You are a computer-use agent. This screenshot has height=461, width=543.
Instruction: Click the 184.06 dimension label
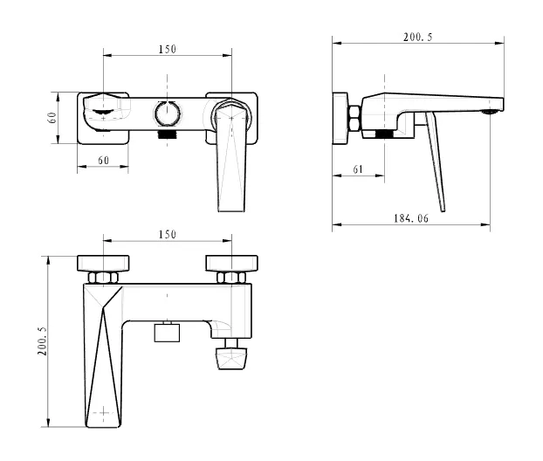pos(410,218)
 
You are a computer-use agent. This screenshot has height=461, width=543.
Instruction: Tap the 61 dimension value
pos(358,169)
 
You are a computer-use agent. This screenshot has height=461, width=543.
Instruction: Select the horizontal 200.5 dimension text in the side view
pos(417,37)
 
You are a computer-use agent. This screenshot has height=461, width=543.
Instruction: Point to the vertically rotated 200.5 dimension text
pos(42,341)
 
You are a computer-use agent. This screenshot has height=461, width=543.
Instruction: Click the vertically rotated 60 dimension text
pos(52,118)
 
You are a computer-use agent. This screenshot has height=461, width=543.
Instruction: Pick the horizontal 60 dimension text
pos(103,161)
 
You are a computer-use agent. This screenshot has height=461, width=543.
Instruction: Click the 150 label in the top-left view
pos(168,49)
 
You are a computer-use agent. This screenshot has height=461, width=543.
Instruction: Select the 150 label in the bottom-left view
pos(168,235)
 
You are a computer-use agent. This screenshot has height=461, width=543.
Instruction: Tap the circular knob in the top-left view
pos(167,114)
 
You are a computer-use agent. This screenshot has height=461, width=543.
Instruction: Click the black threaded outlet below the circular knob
pos(167,134)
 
